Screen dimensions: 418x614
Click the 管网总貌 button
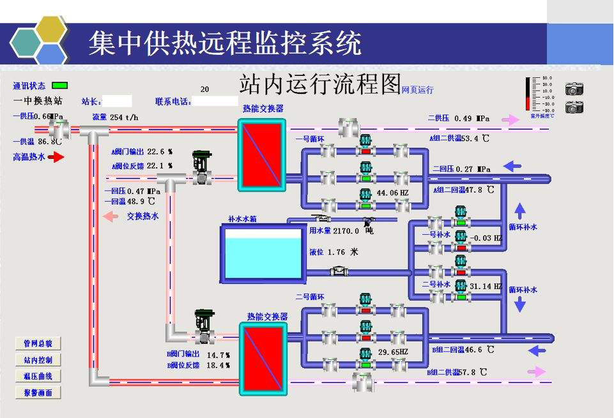[x=38, y=344]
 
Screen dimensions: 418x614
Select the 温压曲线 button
[x=38, y=377]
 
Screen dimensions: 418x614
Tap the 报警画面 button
[x=38, y=392]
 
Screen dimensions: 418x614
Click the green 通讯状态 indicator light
[x=59, y=85]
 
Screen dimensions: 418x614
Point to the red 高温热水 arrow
[x=56, y=157]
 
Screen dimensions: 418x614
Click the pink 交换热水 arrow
[x=111, y=216]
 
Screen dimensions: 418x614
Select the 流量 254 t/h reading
[x=115, y=117]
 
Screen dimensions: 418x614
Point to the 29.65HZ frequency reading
[x=393, y=352]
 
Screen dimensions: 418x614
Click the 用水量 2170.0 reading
[x=334, y=231]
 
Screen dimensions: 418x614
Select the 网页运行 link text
[x=417, y=90]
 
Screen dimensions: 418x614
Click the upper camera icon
[x=574, y=88]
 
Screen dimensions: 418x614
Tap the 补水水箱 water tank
[x=262, y=253]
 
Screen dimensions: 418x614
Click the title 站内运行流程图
[x=319, y=84]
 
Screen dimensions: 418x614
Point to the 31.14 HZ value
[x=486, y=287]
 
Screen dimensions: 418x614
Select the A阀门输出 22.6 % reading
[x=142, y=152]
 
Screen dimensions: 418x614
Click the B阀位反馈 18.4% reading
[x=199, y=366]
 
